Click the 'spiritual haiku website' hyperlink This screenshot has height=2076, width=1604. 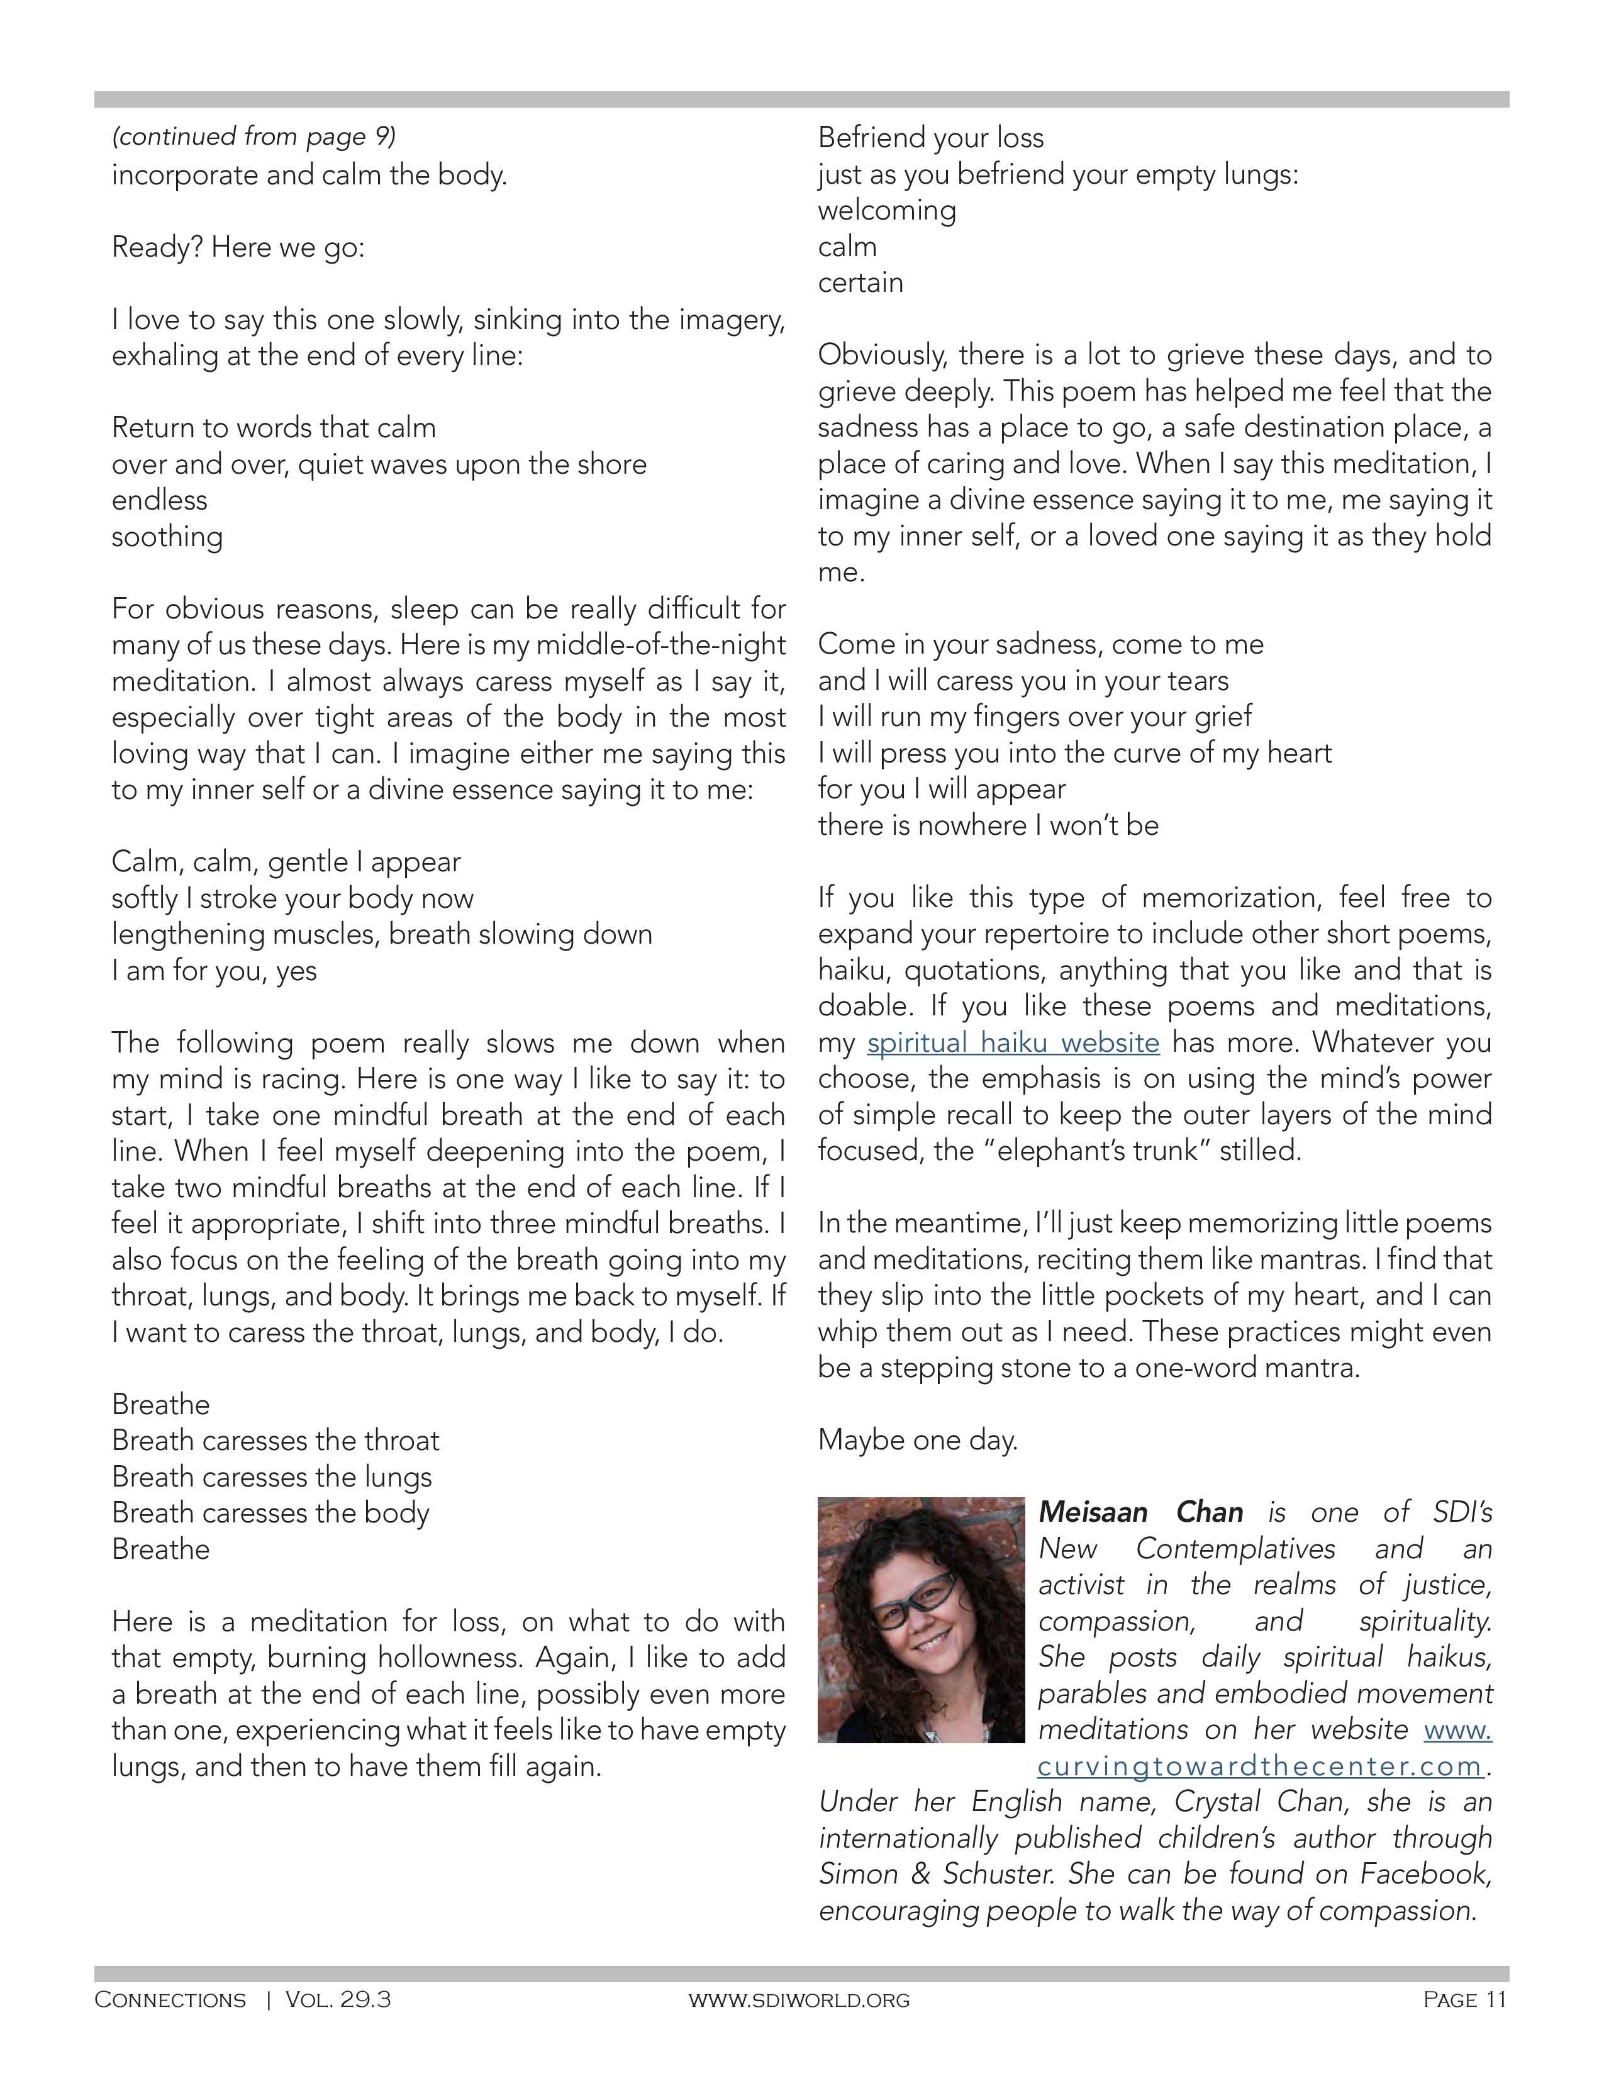pyautogui.click(x=1013, y=1043)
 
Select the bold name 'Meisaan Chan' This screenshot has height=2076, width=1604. pyautogui.click(x=1140, y=1512)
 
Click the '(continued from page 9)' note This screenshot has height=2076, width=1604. pyautogui.click(x=253, y=137)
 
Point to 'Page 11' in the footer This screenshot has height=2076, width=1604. pyautogui.click(x=1464, y=1999)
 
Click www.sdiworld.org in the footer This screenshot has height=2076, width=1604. pyautogui.click(x=799, y=2000)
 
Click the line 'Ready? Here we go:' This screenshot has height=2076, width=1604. pyautogui.click(x=238, y=247)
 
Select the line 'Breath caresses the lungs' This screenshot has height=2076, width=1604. pyautogui.click(x=272, y=1476)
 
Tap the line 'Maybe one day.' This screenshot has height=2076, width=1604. pyautogui.click(x=918, y=1440)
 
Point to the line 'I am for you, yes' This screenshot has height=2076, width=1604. pyautogui.click(x=214, y=971)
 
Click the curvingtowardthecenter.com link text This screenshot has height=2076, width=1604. pyautogui.click(x=1260, y=1766)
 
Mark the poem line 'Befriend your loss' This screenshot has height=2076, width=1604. pyautogui.click(x=931, y=138)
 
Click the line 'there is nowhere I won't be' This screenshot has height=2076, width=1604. pyautogui.click(x=988, y=825)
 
